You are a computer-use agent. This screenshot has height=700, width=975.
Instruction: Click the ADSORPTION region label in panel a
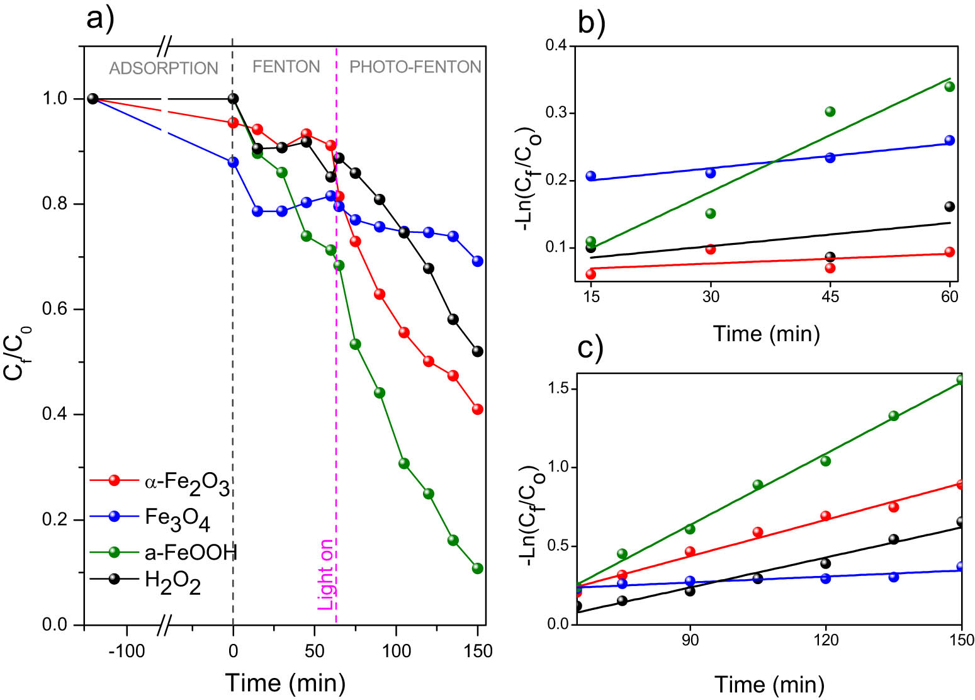click(164, 68)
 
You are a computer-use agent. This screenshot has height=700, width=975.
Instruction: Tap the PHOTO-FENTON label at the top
click(415, 67)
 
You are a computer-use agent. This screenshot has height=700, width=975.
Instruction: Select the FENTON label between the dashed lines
click(286, 67)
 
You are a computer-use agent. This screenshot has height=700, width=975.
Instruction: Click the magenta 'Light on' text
click(325, 574)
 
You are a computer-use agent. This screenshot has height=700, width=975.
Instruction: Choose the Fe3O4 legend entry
click(177, 518)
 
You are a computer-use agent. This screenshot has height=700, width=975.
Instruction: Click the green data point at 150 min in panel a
click(477, 568)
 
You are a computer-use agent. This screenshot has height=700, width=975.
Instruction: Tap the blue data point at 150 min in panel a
click(477, 261)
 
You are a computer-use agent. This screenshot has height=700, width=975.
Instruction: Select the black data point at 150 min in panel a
click(477, 351)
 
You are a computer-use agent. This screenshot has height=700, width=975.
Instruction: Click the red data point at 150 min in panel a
click(477, 409)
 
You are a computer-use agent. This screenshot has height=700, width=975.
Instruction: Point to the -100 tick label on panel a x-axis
click(127, 651)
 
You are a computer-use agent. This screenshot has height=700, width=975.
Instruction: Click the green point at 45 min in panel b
click(830, 111)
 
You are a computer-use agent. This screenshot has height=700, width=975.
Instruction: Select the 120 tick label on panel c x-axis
click(826, 640)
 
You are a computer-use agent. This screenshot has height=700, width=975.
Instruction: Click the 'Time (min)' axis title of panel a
click(285, 683)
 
